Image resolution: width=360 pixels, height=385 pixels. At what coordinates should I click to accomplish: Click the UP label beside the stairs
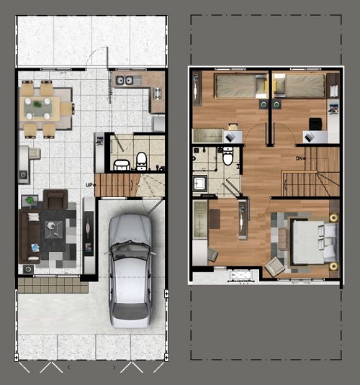tap(89, 185)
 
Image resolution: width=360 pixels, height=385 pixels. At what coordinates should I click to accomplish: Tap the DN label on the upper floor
tap(299, 158)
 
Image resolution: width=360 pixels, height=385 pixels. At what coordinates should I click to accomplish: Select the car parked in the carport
tap(130, 271)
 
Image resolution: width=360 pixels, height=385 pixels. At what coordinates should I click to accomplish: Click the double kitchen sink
tap(125, 81)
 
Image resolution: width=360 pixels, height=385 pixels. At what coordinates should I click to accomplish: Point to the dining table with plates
tap(40, 108)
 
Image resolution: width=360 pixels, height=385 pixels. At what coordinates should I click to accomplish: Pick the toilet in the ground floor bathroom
tap(141, 161)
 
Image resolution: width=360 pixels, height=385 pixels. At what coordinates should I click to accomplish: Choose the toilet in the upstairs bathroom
tap(228, 156)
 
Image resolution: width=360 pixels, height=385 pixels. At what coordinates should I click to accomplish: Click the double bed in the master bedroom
tap(314, 242)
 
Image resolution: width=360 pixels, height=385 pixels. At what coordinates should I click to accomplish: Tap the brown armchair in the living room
tap(55, 199)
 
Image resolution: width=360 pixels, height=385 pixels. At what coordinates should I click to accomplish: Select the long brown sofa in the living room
tap(30, 236)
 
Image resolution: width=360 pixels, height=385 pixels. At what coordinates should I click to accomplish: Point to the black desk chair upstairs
tap(315, 124)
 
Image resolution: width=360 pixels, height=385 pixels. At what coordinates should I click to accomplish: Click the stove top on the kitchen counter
tap(157, 94)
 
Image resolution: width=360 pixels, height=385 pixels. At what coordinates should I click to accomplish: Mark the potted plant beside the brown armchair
tap(30, 201)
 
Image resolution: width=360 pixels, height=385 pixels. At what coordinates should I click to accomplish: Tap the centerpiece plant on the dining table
tap(37, 104)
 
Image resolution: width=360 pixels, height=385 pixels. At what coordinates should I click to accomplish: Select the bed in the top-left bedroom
tap(240, 86)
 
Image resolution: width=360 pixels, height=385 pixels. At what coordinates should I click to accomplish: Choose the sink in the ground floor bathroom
tap(122, 165)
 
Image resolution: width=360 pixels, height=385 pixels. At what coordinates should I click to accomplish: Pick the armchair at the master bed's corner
tap(275, 267)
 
